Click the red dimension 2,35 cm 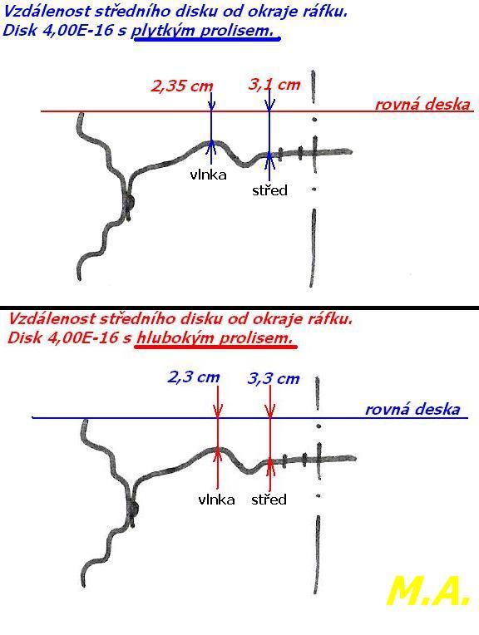coord(182,86)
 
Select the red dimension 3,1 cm coord(274,85)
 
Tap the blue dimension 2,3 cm coord(194,377)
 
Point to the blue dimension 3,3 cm coord(274,379)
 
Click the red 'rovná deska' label coord(422,104)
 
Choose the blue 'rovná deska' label coord(413,410)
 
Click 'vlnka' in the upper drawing coord(208,175)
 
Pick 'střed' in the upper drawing coord(269,190)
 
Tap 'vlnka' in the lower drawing coord(216,500)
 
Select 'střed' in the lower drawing coord(269,499)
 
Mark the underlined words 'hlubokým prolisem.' coord(215,337)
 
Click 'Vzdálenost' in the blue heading coord(47,12)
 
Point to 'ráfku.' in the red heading coord(331,318)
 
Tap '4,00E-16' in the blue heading coord(78,31)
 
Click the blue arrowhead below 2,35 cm coord(211,105)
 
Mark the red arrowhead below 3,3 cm coord(270,411)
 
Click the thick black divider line coord(239,308)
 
